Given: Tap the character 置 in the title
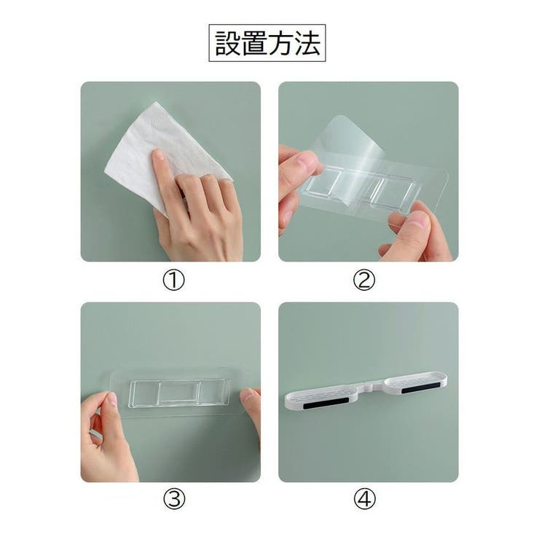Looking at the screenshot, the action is click(x=254, y=43).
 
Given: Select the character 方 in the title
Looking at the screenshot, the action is click(x=280, y=43).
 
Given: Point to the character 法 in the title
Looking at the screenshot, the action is click(x=307, y=43).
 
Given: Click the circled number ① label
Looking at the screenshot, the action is click(x=173, y=280).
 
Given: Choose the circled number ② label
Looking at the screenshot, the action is click(x=364, y=280).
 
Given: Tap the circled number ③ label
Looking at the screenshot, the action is click(x=173, y=499).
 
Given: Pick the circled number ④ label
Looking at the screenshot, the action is click(x=364, y=499).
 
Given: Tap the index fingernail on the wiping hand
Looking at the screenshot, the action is click(x=159, y=154).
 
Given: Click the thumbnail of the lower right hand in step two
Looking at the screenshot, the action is click(x=418, y=219).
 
